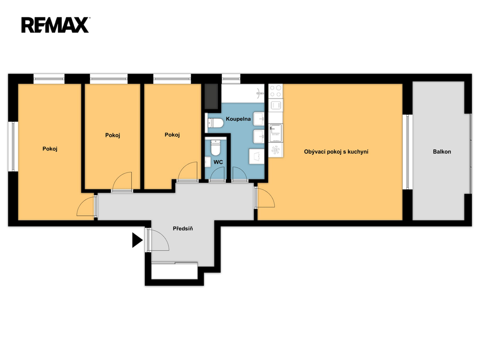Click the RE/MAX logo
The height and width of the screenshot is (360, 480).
coord(55,25)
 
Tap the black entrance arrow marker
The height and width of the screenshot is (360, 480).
coord(137,240)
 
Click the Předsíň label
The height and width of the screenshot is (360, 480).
coord(183,228)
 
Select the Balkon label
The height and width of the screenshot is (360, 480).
coord(442,151)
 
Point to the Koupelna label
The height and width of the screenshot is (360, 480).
coord(238,119)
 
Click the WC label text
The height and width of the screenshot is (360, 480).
coord(218,162)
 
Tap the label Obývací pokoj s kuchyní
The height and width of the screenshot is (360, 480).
coord(336,151)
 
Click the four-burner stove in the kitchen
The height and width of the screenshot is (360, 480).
coord(276,91)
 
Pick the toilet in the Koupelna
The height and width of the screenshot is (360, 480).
coord(216,123)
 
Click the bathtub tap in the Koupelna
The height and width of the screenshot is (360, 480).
coord(260,92)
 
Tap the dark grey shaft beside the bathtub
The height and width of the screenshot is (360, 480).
coord(211,96)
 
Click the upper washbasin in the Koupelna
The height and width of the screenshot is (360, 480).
coord(259,119)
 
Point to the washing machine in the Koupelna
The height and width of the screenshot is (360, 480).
coord(256,156)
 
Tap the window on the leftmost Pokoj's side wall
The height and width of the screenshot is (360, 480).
coord(13,146)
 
